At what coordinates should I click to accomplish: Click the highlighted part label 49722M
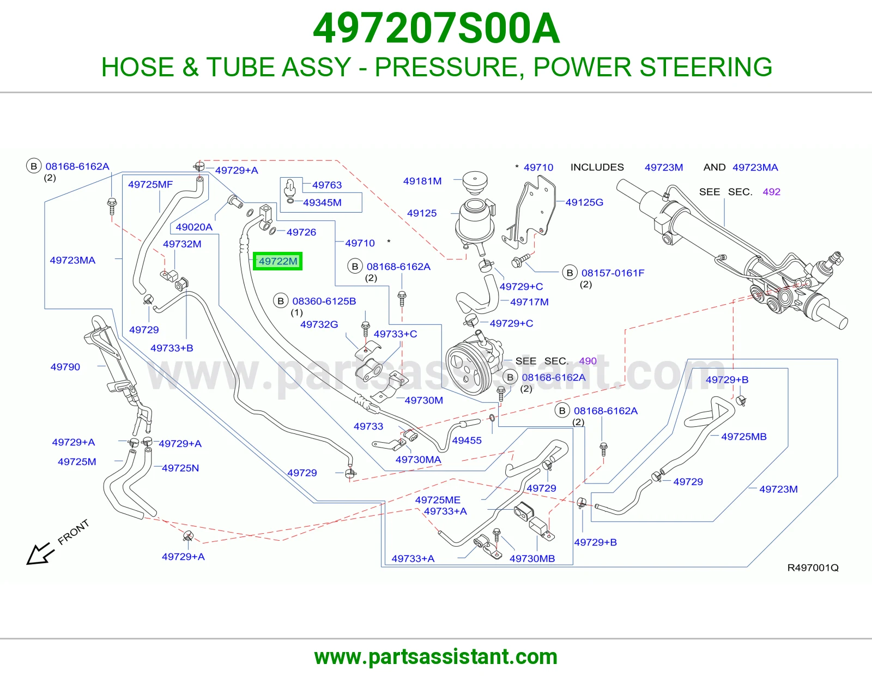(278, 261)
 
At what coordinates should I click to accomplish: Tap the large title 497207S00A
(436, 28)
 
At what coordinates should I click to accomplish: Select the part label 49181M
(422, 181)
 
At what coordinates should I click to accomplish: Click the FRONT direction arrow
(40, 554)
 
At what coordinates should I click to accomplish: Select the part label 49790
(65, 367)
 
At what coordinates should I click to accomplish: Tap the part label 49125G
(584, 202)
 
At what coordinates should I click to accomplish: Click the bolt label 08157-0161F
(613, 273)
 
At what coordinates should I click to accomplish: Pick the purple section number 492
(771, 192)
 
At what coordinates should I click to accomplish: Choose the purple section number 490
(588, 361)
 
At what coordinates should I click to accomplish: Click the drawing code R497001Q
(813, 568)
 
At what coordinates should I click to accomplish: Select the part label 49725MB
(743, 437)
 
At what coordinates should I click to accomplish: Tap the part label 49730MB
(532, 559)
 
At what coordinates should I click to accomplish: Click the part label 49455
(467, 440)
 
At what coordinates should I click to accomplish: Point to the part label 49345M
(322, 203)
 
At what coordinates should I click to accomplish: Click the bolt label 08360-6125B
(324, 301)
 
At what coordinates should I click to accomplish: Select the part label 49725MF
(150, 184)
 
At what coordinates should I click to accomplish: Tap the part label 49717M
(529, 302)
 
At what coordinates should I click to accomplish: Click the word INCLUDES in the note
(597, 167)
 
